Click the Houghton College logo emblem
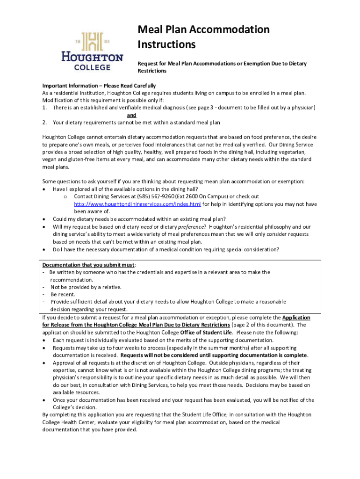[x=92, y=41]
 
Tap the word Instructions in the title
[x=166, y=45]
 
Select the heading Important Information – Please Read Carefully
[x=99, y=86]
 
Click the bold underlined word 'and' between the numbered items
[x=131, y=115]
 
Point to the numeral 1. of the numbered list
[x=44, y=108]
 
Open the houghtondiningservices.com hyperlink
[x=137, y=204]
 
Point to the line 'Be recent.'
[x=63, y=295]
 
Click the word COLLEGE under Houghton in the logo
[x=92, y=67]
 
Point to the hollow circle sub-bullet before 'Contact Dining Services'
[x=66, y=197]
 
